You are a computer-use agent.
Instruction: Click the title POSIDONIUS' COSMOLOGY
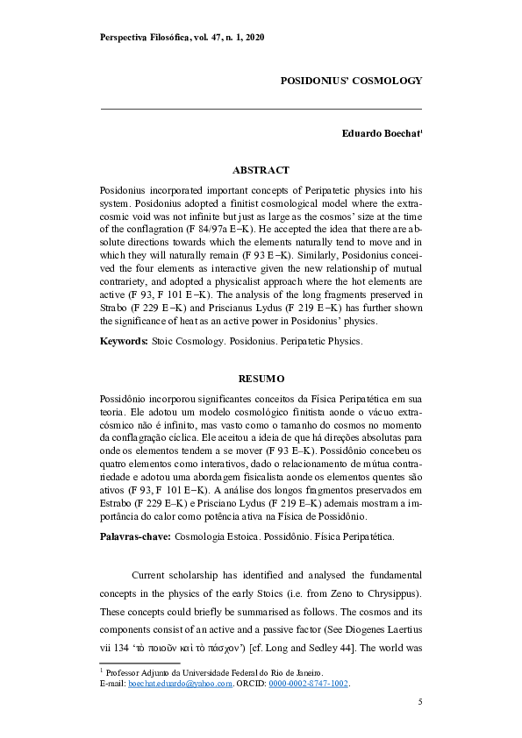tap(351, 80)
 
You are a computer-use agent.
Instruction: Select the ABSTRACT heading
tap(261, 170)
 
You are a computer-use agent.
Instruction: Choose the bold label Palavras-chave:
tap(136, 535)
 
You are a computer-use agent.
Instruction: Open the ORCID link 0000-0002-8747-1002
tap(308, 684)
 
